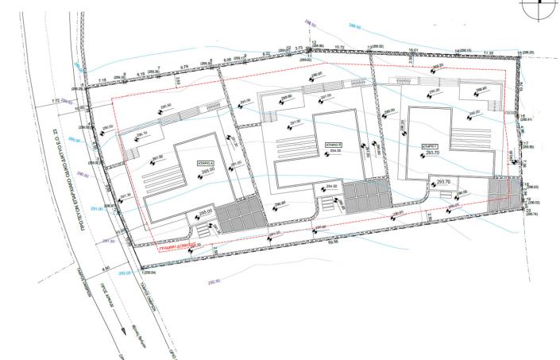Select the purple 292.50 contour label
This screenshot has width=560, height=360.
point(213,281)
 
